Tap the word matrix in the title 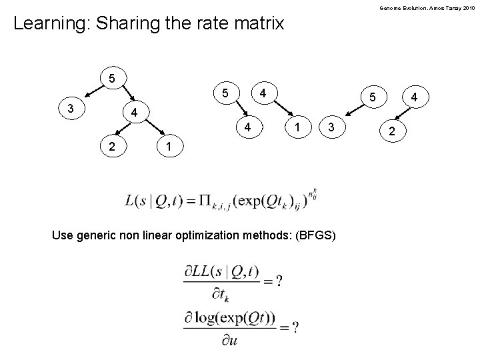[258, 25]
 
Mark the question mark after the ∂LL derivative [278, 281]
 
